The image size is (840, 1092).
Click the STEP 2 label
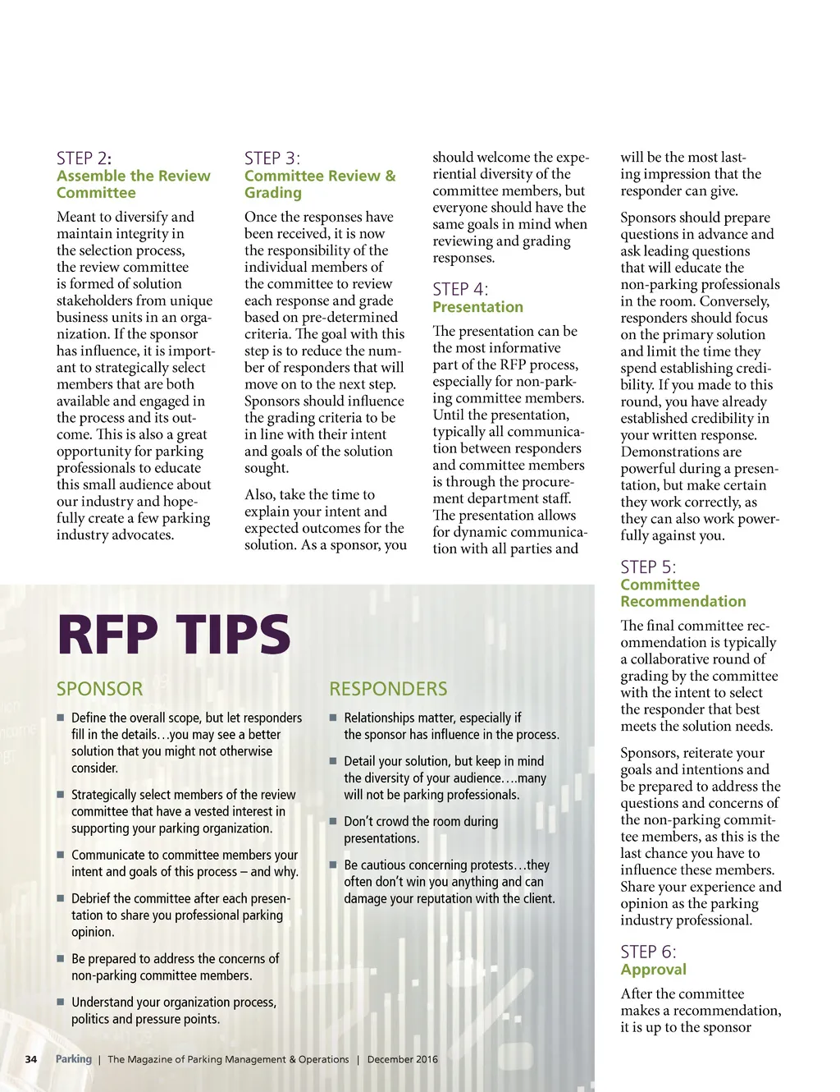84,158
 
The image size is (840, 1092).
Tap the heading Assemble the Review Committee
133,184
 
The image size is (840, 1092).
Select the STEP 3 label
272,158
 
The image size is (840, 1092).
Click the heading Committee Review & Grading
319,184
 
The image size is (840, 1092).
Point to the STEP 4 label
459,289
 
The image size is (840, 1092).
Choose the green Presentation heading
477,307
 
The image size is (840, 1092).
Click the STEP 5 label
648,567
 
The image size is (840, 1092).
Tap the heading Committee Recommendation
682,593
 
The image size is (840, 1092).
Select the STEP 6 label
648,952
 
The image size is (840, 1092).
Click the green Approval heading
653,970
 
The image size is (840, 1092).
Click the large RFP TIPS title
174,635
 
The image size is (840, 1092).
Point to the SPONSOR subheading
99,689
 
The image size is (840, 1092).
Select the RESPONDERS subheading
388,689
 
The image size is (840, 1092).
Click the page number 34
31,1059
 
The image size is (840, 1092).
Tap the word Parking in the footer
74,1059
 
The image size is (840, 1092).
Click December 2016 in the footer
402,1059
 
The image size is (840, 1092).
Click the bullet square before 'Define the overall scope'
61,718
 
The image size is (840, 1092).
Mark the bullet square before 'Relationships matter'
333,718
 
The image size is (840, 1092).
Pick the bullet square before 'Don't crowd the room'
333,821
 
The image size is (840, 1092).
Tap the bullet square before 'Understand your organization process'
61,1002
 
